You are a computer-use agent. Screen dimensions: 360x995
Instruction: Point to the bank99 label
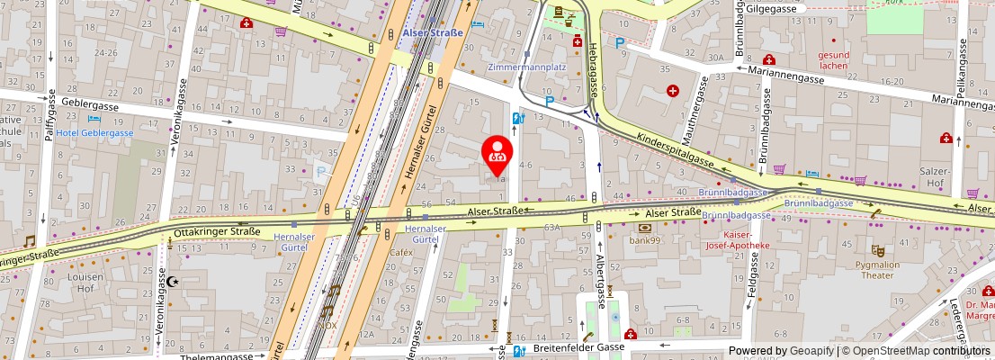[x=645, y=240]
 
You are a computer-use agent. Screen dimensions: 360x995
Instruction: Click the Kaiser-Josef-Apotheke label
[x=736, y=239]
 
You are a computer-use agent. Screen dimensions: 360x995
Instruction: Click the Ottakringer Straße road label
[x=217, y=231]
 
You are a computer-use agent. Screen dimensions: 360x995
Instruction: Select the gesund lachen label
[x=833, y=59]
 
